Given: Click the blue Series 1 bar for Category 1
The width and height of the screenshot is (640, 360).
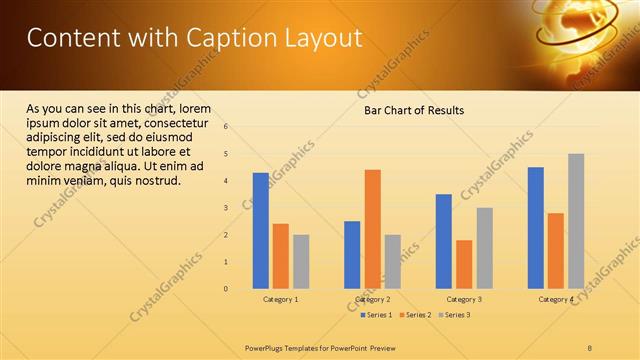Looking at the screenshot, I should (261, 231).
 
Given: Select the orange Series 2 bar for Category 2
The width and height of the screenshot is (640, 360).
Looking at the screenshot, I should (372, 229).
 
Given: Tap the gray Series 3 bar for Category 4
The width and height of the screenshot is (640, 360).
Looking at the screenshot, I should (576, 221).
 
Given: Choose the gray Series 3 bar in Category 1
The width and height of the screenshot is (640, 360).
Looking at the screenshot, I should (301, 262).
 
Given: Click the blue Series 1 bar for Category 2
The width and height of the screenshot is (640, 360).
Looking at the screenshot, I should (352, 255).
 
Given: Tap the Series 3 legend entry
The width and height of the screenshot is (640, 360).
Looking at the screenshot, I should (457, 315).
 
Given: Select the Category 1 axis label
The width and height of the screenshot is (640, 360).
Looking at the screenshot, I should (281, 299).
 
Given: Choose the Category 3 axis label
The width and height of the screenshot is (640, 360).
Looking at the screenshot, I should (464, 299).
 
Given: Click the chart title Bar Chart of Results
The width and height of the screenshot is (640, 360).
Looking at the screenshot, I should (413, 110).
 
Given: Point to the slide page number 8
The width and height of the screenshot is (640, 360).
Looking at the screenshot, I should (590, 347).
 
